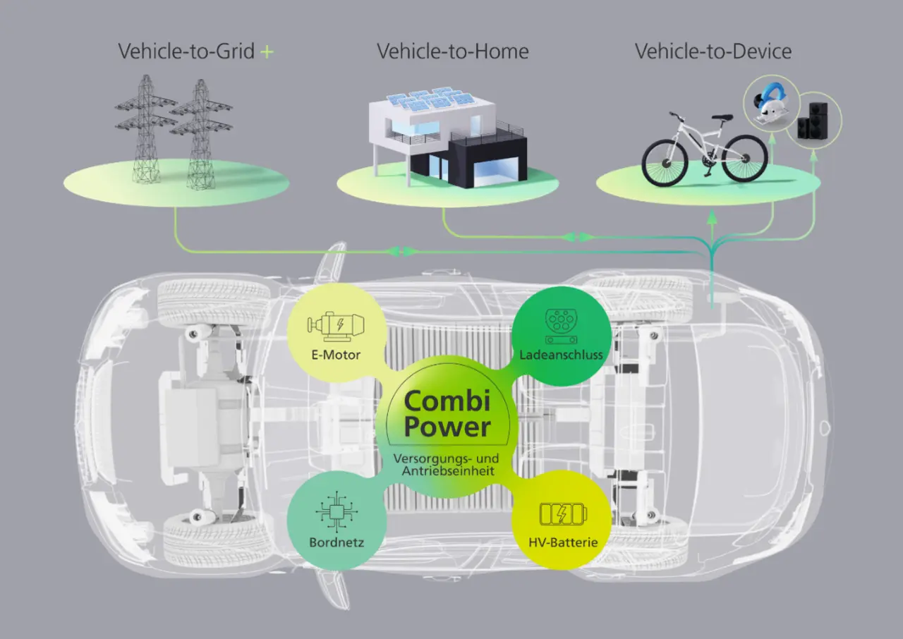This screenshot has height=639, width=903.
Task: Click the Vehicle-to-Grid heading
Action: coord(186,51)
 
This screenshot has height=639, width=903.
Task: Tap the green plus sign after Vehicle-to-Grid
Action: coord(267,52)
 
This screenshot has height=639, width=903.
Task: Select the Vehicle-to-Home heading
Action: coord(453,51)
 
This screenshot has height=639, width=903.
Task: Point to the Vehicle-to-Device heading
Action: coord(713,51)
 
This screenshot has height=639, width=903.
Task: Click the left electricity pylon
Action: coord(145,128)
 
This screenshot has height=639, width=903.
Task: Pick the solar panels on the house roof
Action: coord(430,98)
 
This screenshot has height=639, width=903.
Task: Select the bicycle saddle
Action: coord(722,117)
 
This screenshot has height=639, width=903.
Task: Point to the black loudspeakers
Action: coord(813,121)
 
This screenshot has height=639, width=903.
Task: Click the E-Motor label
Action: coord(336,355)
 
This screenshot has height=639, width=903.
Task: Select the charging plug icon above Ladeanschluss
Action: coord(561,327)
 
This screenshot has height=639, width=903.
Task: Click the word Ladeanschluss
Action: coord(561,355)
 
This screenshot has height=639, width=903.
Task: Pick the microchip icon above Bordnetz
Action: coord(337,512)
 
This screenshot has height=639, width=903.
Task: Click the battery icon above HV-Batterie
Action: coord(563,513)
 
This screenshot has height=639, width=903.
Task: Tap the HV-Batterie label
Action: coord(563,542)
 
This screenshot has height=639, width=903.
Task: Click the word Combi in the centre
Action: coord(447,401)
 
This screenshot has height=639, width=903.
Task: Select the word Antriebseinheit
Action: coord(448,471)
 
